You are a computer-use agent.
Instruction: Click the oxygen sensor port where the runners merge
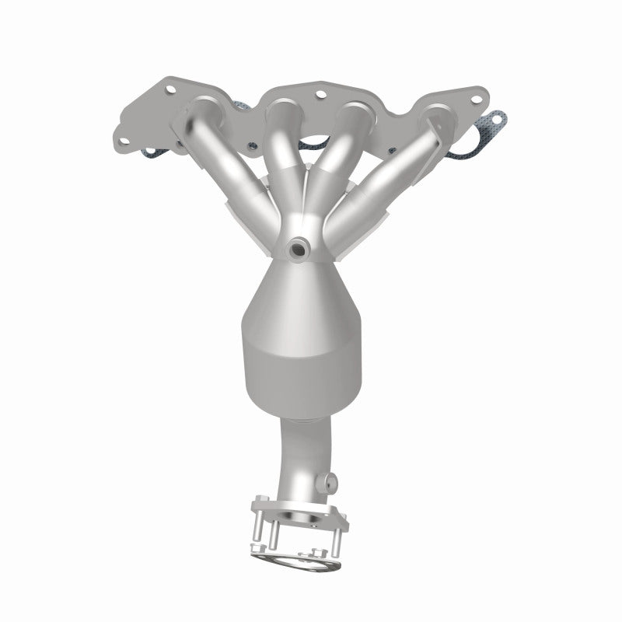point(297,248)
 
